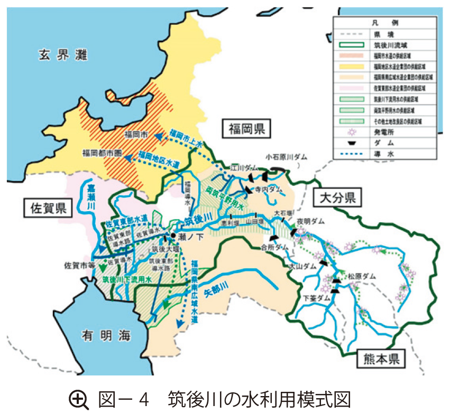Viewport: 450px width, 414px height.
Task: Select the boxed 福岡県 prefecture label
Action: pos(246,128)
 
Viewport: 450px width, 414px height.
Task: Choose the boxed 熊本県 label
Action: pos(381,360)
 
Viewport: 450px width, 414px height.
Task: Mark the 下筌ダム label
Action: pos(316,298)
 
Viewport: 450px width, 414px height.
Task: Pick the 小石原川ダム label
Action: pos(286,157)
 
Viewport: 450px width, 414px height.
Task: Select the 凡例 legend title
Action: pos(384,24)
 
